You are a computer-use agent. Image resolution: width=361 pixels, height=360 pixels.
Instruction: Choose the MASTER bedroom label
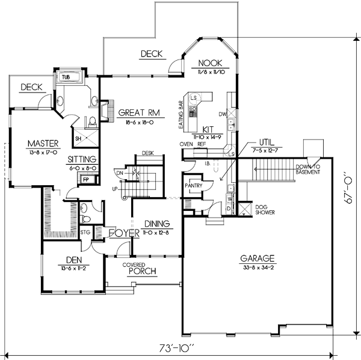click(42, 144)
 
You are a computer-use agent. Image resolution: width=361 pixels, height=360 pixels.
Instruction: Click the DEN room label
click(68, 260)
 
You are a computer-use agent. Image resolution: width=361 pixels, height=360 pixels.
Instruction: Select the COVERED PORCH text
click(142, 268)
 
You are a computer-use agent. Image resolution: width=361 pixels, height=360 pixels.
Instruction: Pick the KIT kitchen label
click(209, 129)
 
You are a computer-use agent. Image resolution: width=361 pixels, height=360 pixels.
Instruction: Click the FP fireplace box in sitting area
click(85, 180)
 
